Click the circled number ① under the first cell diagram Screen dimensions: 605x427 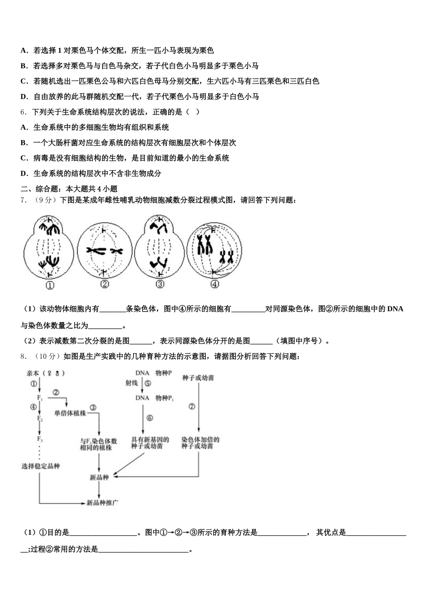pos(49,285)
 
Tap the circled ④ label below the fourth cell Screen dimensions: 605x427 pos(215,284)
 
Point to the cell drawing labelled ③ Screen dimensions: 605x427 pos(160,247)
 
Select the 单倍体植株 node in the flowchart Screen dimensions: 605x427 pos(70,413)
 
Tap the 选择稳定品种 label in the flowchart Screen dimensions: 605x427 pos(40,466)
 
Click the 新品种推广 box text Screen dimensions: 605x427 pos(102,502)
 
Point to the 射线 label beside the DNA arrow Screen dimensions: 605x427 pos(132,383)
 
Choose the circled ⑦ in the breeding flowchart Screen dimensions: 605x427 pos(192,406)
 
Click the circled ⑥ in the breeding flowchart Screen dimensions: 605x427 pos(150,418)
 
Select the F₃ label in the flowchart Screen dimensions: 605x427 pos(40,439)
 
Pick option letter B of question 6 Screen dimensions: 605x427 pos(24,143)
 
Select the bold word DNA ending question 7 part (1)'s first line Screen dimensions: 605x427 pos(395,309)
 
